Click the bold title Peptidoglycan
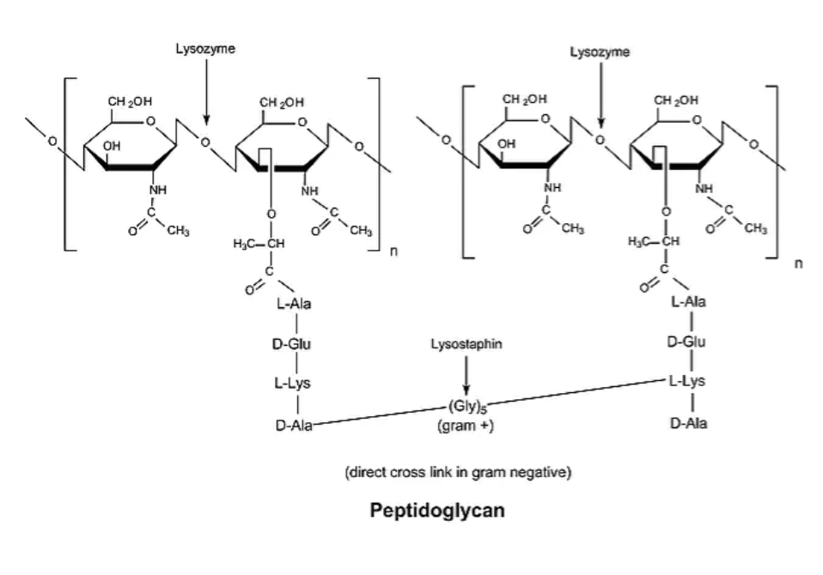pyautogui.click(x=436, y=510)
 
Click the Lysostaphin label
pyautogui.click(x=466, y=342)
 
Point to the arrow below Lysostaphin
pyautogui.click(x=466, y=374)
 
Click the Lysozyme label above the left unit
pyautogui.click(x=204, y=50)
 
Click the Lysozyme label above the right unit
pyautogui.click(x=600, y=51)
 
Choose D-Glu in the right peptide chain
pyautogui.click(x=686, y=342)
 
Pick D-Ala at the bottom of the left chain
pyautogui.click(x=293, y=423)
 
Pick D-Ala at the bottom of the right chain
pyautogui.click(x=688, y=423)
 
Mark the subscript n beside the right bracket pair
pyautogui.click(x=798, y=263)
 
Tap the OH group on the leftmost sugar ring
pyautogui.click(x=113, y=147)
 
